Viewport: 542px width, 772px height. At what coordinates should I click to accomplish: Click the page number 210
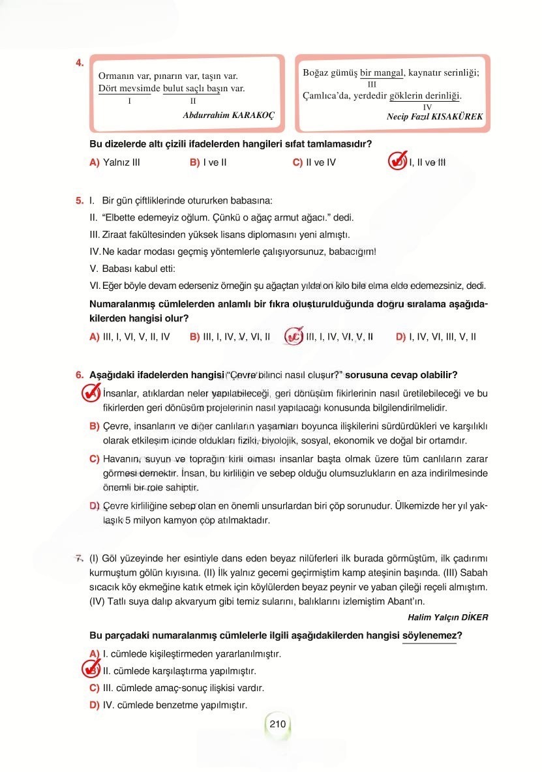pyautogui.click(x=278, y=723)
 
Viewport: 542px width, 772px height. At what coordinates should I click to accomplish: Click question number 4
pyautogui.click(x=79, y=63)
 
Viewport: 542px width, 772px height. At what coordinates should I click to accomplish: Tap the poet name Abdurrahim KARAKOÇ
pyautogui.click(x=230, y=113)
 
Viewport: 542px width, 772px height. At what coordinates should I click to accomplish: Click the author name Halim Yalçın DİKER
pyautogui.click(x=447, y=617)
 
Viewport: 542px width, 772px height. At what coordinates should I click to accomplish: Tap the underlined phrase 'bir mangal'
pyautogui.click(x=383, y=73)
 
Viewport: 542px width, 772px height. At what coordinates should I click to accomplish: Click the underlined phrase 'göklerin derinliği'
pyautogui.click(x=425, y=96)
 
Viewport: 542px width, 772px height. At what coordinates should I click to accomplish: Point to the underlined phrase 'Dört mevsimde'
pyautogui.click(x=124, y=88)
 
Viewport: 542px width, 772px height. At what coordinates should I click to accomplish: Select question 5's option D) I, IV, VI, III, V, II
pyautogui.click(x=436, y=336)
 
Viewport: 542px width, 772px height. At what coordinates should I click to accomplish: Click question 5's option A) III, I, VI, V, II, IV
pyautogui.click(x=129, y=336)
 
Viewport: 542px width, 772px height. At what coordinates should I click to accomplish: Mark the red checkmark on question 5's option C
pyautogui.click(x=294, y=336)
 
